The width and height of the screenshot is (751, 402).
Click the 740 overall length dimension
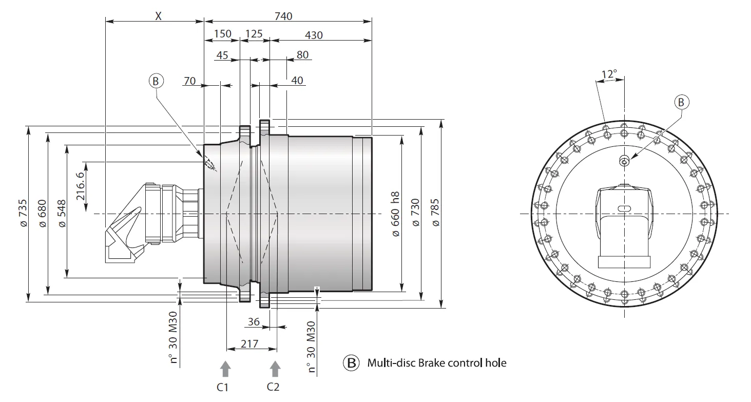(x=283, y=16)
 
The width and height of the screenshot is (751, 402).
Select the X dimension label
(x=158, y=16)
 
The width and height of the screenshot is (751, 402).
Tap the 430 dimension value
(x=313, y=35)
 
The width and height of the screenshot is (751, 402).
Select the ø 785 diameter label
(x=436, y=213)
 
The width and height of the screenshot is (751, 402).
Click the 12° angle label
(x=609, y=74)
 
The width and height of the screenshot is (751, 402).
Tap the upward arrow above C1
(x=225, y=367)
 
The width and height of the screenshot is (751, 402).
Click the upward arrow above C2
(x=275, y=367)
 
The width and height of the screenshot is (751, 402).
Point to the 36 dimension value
(x=254, y=321)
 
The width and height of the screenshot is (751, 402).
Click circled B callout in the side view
(x=156, y=81)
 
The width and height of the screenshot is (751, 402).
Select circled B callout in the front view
(x=681, y=102)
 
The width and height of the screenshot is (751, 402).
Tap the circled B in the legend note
(x=352, y=363)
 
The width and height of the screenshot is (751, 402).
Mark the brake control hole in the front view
(x=624, y=162)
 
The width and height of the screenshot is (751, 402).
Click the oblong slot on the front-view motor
(x=624, y=208)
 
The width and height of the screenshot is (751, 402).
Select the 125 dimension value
(x=254, y=34)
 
